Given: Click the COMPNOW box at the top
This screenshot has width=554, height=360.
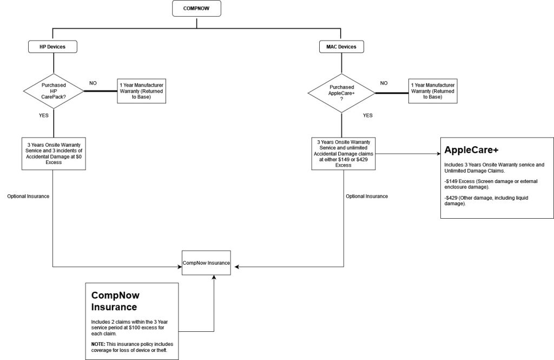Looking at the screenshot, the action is pyautogui.click(x=196, y=9).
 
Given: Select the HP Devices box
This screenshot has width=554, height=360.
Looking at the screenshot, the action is pyautogui.click(x=52, y=47).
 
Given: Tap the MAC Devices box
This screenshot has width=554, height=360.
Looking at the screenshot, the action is pyautogui.click(x=342, y=47).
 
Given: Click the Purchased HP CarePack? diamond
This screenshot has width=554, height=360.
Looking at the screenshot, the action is pyautogui.click(x=54, y=91).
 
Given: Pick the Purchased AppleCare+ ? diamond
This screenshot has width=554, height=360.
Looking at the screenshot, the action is pyautogui.click(x=342, y=93).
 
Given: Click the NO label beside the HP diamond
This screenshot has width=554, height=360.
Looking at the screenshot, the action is pyautogui.click(x=93, y=83).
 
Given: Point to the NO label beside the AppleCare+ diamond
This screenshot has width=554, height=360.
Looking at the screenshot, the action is pyautogui.click(x=384, y=83).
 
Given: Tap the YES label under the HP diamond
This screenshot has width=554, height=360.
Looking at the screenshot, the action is pyautogui.click(x=44, y=115).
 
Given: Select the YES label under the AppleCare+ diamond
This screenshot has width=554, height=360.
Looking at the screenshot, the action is pyautogui.click(x=368, y=115).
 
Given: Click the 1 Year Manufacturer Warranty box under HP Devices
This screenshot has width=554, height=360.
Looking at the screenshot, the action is pyautogui.click(x=141, y=91).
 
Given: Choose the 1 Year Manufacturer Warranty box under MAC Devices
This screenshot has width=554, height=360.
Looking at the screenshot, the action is pyautogui.click(x=433, y=91).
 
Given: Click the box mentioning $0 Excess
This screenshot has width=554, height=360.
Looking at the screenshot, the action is pyautogui.click(x=54, y=154).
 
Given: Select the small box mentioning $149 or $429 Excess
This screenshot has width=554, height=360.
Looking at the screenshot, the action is pyautogui.click(x=344, y=154).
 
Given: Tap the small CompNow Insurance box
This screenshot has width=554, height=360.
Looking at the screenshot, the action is pyautogui.click(x=206, y=263).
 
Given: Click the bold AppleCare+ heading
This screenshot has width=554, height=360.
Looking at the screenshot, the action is pyautogui.click(x=471, y=150).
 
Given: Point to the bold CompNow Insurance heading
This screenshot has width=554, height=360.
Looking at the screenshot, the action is pyautogui.click(x=115, y=301).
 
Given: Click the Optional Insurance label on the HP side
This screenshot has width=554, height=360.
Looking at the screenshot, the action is pyautogui.click(x=28, y=197).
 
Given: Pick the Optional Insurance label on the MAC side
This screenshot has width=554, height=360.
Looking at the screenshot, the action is pyautogui.click(x=367, y=197).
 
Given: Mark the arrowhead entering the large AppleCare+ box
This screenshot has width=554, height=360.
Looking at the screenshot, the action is pyautogui.click(x=439, y=154).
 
